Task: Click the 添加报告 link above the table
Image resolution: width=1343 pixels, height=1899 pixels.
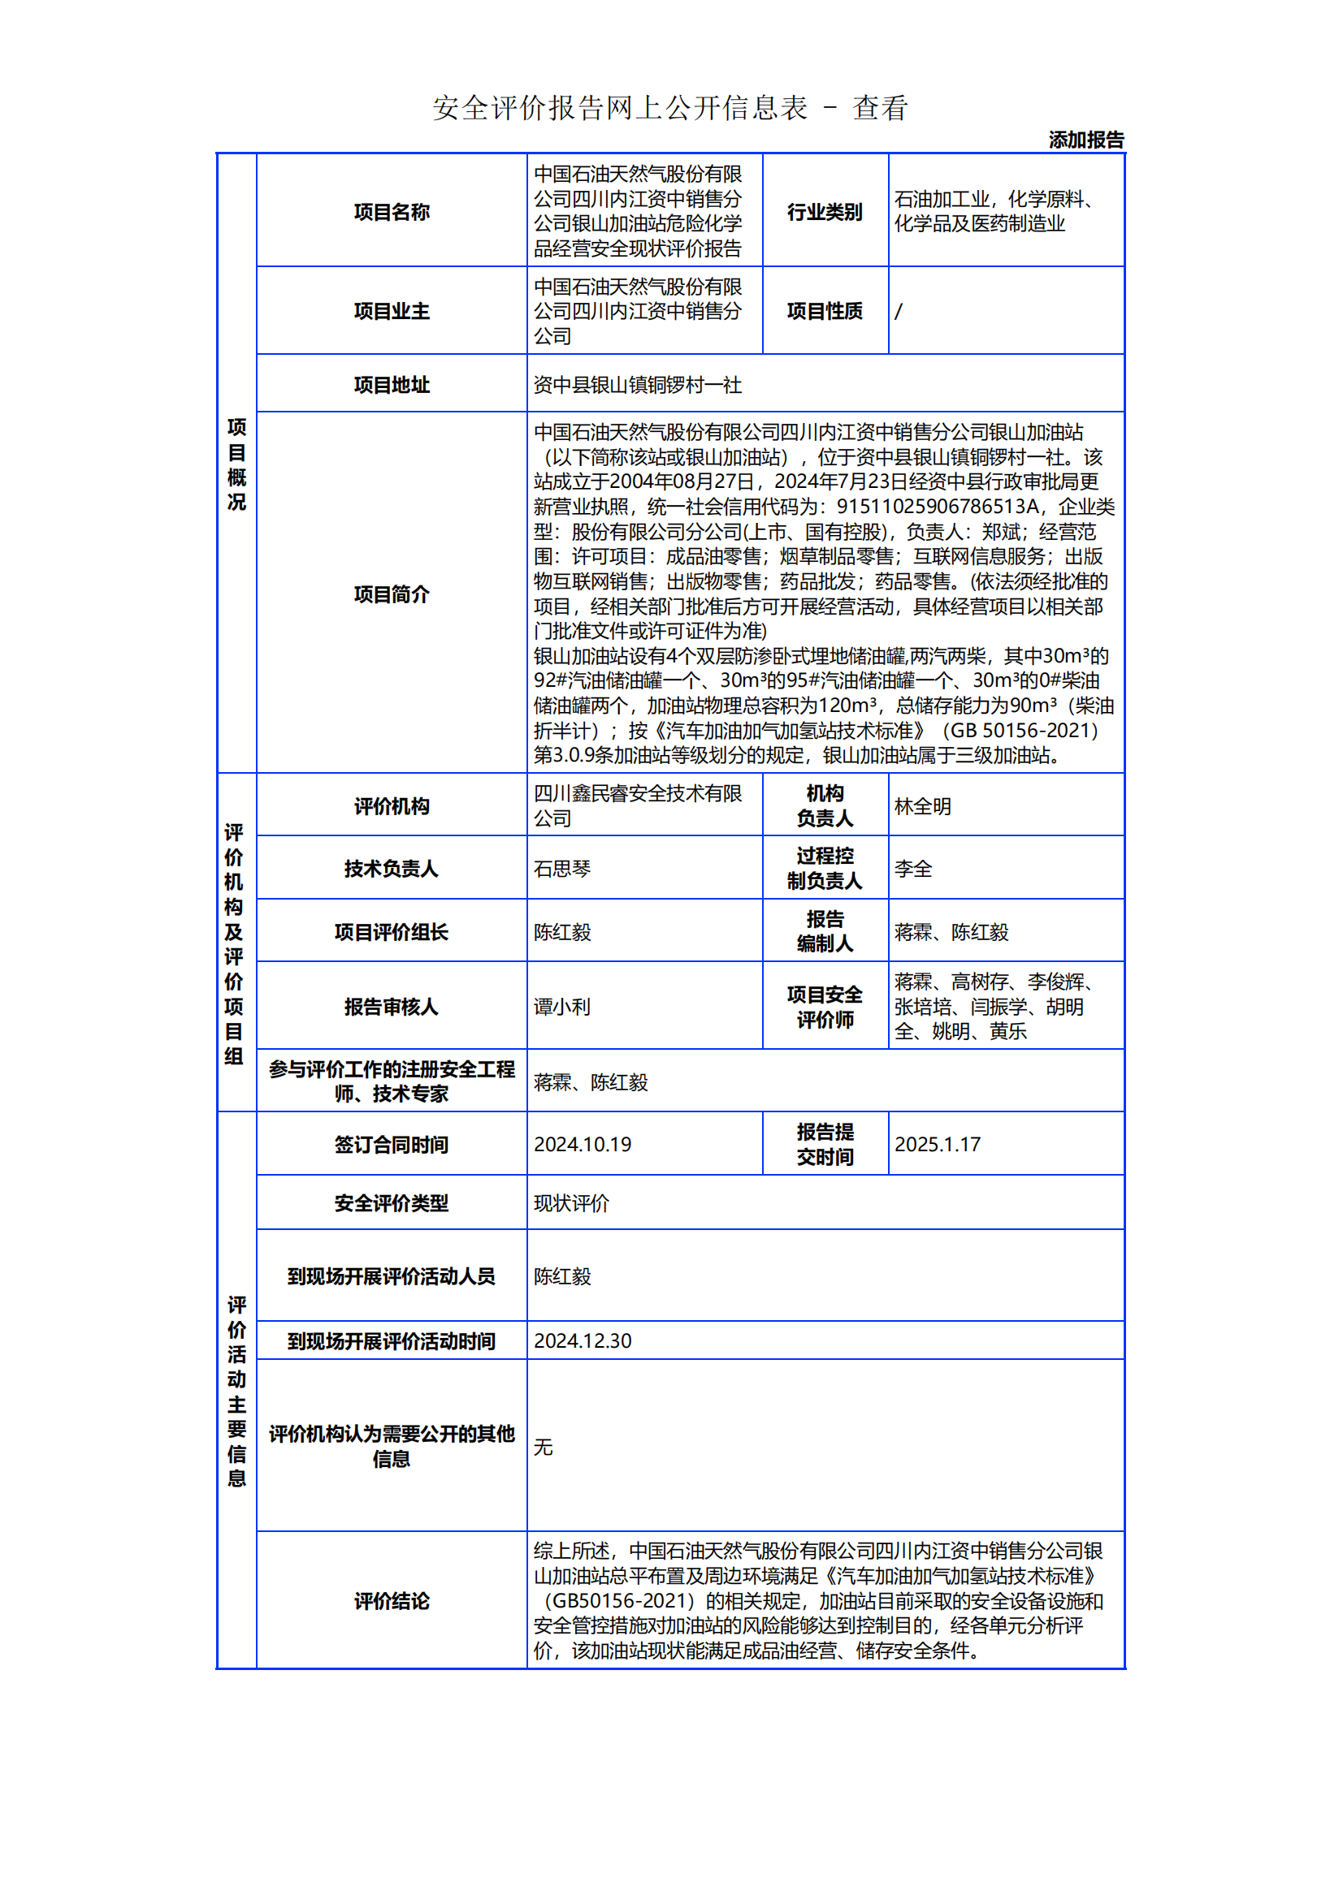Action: [x=1085, y=140]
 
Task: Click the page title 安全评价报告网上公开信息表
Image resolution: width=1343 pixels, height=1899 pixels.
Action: [x=620, y=108]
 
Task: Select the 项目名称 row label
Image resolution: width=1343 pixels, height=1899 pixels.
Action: [x=392, y=212]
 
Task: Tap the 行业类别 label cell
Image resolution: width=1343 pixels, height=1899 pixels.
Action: [x=824, y=212]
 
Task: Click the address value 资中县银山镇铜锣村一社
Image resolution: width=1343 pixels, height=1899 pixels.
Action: [x=637, y=385]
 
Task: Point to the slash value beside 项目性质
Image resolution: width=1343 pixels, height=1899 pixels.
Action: [x=899, y=311]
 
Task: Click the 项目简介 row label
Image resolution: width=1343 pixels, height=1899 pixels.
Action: [x=392, y=593]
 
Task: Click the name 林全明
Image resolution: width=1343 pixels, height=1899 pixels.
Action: [x=923, y=806]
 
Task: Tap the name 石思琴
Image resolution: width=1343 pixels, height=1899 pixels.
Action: [x=562, y=869]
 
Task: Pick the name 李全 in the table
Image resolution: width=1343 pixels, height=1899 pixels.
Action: [x=912, y=869]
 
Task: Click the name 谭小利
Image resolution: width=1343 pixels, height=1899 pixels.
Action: [x=562, y=1007]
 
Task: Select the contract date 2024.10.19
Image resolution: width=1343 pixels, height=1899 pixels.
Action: [x=582, y=1144]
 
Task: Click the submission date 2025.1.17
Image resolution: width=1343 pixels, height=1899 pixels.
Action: [x=937, y=1144]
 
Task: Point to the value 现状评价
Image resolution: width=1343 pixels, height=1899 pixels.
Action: [x=571, y=1203]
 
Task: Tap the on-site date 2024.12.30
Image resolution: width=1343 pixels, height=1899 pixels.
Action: [x=582, y=1340]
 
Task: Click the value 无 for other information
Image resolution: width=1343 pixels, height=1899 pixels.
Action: [x=543, y=1447]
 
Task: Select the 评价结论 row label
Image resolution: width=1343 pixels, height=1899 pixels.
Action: [x=392, y=1601]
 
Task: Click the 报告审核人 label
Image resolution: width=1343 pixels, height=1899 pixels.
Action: [x=392, y=1007]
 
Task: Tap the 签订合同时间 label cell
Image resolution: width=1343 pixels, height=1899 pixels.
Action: [x=392, y=1144]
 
